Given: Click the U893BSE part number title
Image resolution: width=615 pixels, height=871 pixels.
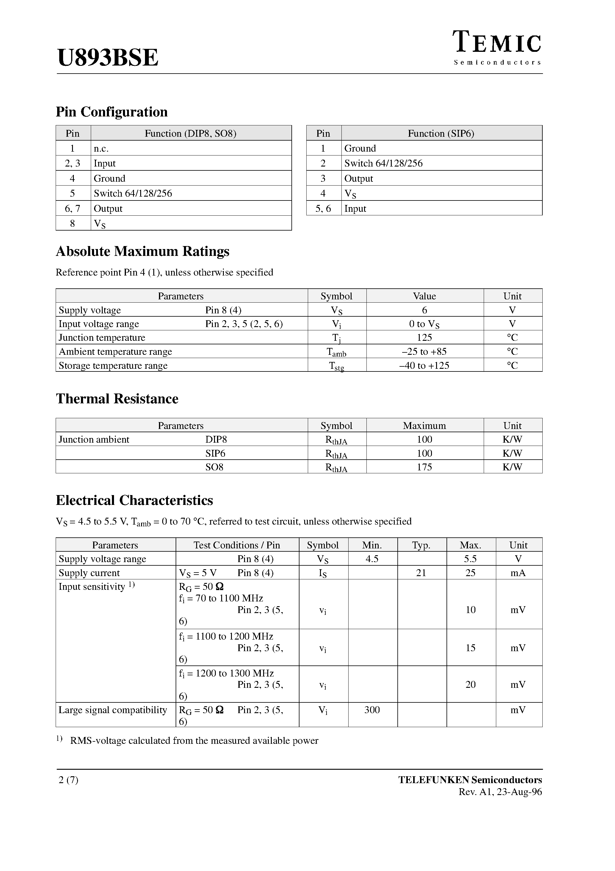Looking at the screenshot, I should (108, 58).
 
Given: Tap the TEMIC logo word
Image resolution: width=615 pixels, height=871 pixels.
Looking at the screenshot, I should (497, 43).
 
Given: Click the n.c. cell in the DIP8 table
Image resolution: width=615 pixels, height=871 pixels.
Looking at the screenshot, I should (101, 148).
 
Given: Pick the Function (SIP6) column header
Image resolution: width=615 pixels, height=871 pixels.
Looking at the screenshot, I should (441, 133).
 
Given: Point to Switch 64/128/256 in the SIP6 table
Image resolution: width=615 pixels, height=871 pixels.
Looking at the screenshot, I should (383, 163).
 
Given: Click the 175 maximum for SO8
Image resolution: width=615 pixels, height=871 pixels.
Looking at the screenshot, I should (424, 467).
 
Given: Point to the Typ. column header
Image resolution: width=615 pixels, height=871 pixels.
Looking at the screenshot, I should (421, 545).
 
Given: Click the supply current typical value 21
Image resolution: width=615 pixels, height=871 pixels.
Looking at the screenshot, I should (421, 573).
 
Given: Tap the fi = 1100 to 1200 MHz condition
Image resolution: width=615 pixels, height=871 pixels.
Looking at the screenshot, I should (226, 636).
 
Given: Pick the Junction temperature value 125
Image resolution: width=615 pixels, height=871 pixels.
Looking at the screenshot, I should (424, 337).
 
